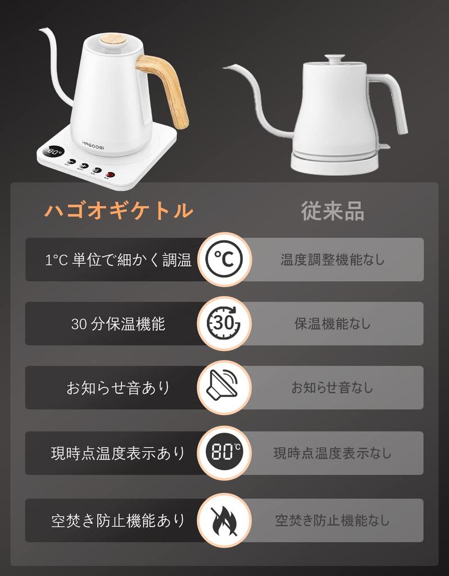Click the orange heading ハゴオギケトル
[x=119, y=211]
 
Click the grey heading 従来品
[x=332, y=211]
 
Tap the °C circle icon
[x=224, y=259]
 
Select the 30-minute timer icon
[x=224, y=323]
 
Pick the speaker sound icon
[x=224, y=388]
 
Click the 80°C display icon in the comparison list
[x=224, y=453]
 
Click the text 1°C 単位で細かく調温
[x=118, y=260]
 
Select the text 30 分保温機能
[x=118, y=324]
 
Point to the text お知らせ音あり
[x=118, y=388]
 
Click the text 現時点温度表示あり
[x=118, y=453]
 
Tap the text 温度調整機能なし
[x=333, y=260]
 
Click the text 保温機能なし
[x=333, y=324]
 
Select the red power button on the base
[x=111, y=174]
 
